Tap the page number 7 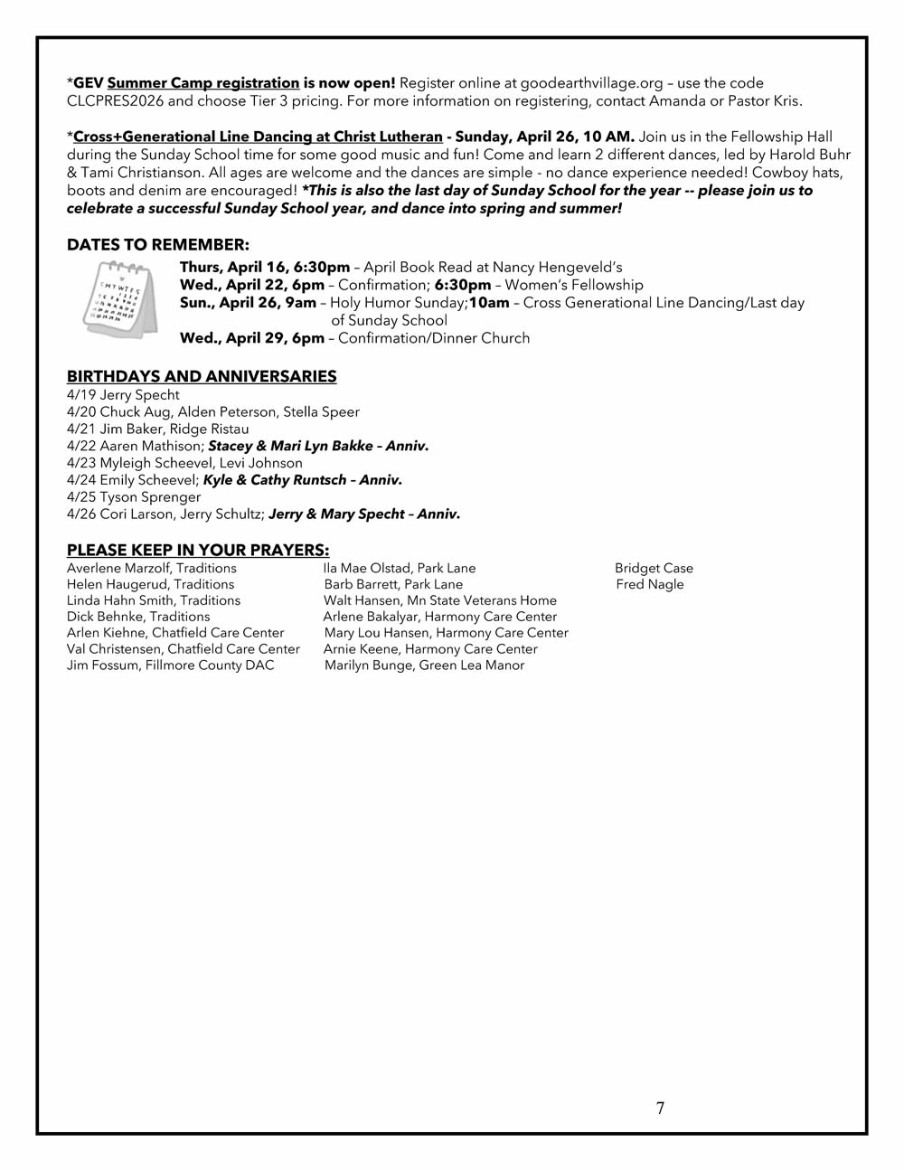[x=660, y=1109]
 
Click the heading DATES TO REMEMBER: [x=157, y=245]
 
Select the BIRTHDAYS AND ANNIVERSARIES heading [x=202, y=376]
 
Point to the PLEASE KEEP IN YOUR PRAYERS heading [x=198, y=550]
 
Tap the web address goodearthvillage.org [x=592, y=83]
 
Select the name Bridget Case [x=654, y=568]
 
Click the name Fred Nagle [x=650, y=584]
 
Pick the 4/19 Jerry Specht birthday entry [x=123, y=395]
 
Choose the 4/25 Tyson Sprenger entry [x=134, y=496]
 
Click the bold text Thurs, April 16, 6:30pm [x=265, y=268]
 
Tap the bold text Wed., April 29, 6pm [x=251, y=338]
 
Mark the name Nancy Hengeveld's [x=557, y=268]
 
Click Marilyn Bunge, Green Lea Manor [x=424, y=665]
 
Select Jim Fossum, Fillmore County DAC [x=170, y=665]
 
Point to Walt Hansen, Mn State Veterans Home [x=439, y=600]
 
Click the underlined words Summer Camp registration [x=202, y=83]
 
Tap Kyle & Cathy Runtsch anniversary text [x=303, y=480]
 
